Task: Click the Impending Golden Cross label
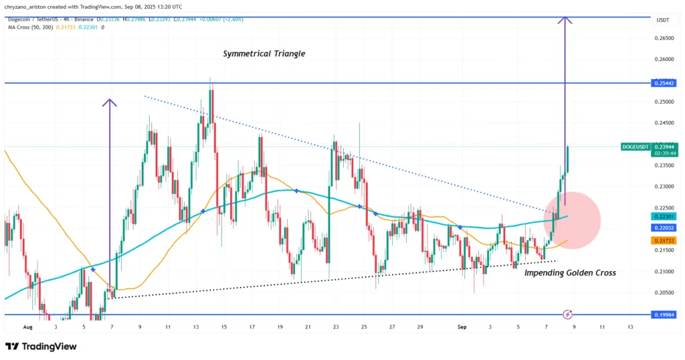click(570, 273)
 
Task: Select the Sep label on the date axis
click(460, 327)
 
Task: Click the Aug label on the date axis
click(27, 327)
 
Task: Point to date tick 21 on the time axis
click(308, 327)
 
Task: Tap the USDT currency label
click(663, 21)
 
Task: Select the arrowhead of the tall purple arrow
click(566, 20)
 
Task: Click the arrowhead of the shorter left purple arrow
click(110, 102)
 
